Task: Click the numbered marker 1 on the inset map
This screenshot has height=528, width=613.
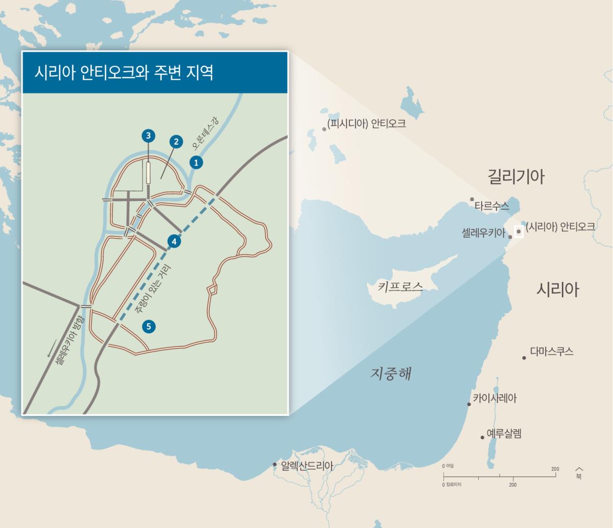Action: [x=196, y=162]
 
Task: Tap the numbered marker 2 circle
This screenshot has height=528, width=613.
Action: [x=175, y=142]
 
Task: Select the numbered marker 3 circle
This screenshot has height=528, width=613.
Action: [x=148, y=136]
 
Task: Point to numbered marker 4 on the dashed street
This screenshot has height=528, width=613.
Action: [x=174, y=241]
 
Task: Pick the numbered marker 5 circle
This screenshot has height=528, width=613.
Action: [x=149, y=326]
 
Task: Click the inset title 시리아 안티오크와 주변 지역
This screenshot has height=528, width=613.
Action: [x=124, y=72]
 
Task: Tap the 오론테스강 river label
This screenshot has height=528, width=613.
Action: [x=205, y=131]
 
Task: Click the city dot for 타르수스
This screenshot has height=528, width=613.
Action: [x=472, y=199]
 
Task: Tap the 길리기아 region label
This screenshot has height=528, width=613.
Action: [x=516, y=177]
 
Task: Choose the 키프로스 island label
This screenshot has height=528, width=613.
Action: [x=400, y=287]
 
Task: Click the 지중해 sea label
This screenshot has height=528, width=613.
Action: [x=390, y=373]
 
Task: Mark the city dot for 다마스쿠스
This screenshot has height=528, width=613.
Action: [x=524, y=358]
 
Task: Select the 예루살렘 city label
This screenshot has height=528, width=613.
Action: [x=504, y=434]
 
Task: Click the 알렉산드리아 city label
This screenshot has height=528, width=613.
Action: [x=306, y=466]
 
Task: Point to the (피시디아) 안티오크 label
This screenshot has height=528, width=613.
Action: [x=366, y=123]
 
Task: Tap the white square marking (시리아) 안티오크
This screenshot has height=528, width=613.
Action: [x=518, y=231]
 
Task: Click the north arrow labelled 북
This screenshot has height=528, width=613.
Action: [x=579, y=472]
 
